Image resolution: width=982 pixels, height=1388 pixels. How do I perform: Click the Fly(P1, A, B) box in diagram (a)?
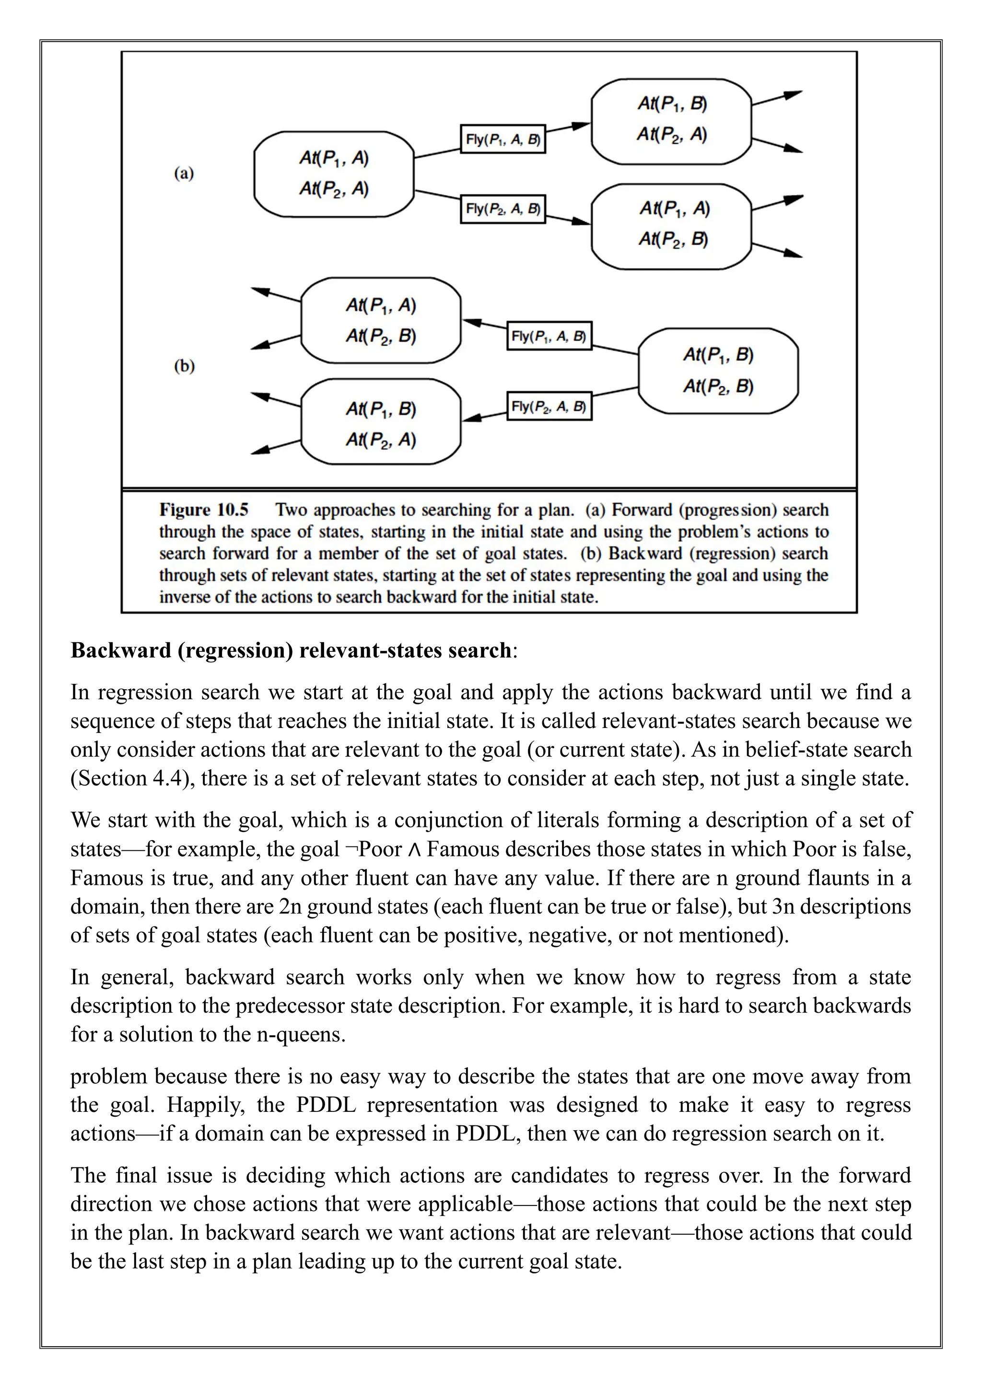503,139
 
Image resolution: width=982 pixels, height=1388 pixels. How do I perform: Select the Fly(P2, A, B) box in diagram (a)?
503,208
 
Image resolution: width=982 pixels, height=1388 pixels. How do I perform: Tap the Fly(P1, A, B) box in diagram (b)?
549,336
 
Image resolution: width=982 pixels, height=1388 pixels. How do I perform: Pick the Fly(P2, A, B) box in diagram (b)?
549,406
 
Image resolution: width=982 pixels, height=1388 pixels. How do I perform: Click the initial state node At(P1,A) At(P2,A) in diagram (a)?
334,174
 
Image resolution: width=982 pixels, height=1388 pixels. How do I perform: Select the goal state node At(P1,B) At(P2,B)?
718,370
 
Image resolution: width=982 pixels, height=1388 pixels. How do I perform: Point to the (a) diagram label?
184,174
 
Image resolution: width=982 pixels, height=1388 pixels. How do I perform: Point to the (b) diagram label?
184,366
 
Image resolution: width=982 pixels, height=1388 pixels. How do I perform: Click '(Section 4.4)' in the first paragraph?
132,778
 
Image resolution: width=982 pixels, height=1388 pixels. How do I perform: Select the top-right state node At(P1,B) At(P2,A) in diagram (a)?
671,120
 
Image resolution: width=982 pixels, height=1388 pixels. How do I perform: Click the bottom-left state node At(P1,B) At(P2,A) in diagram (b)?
380,424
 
